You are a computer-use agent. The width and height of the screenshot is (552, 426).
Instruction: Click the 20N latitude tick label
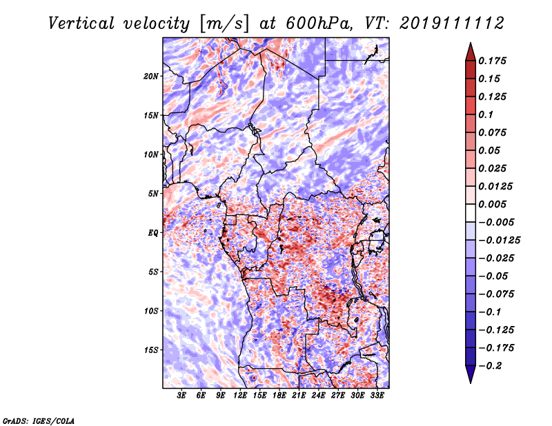[151, 77]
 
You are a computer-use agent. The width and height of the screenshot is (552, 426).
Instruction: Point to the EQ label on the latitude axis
[153, 233]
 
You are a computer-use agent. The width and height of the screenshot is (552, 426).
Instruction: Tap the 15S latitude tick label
[151, 350]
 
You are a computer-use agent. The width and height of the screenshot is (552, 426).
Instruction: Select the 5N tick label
[153, 194]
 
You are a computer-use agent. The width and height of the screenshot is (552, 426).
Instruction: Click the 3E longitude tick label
[181, 396]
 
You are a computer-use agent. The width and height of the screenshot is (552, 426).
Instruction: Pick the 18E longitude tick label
[279, 396]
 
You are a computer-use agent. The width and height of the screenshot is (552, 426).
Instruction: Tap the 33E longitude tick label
[377, 396]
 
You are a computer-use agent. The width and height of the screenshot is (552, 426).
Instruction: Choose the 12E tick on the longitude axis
[240, 396]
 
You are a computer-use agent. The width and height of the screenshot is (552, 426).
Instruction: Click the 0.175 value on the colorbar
[492, 61]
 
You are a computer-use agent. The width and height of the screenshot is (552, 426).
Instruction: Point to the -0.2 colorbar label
[489, 366]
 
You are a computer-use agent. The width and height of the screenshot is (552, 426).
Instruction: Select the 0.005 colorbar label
[492, 204]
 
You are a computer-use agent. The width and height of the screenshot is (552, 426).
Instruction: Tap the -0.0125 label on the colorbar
[499, 241]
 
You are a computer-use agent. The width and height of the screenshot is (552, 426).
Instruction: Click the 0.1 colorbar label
[486, 114]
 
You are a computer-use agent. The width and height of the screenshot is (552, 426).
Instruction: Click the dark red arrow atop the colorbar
[471, 52]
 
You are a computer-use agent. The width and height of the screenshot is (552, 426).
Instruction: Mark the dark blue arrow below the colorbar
[471, 374]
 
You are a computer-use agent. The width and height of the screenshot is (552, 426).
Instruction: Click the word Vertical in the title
[81, 23]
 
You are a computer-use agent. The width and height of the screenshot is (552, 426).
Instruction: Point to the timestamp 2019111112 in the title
[452, 23]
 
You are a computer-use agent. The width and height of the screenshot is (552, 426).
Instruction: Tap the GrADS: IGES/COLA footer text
[39, 420]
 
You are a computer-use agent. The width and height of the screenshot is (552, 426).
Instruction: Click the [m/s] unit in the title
[224, 23]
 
